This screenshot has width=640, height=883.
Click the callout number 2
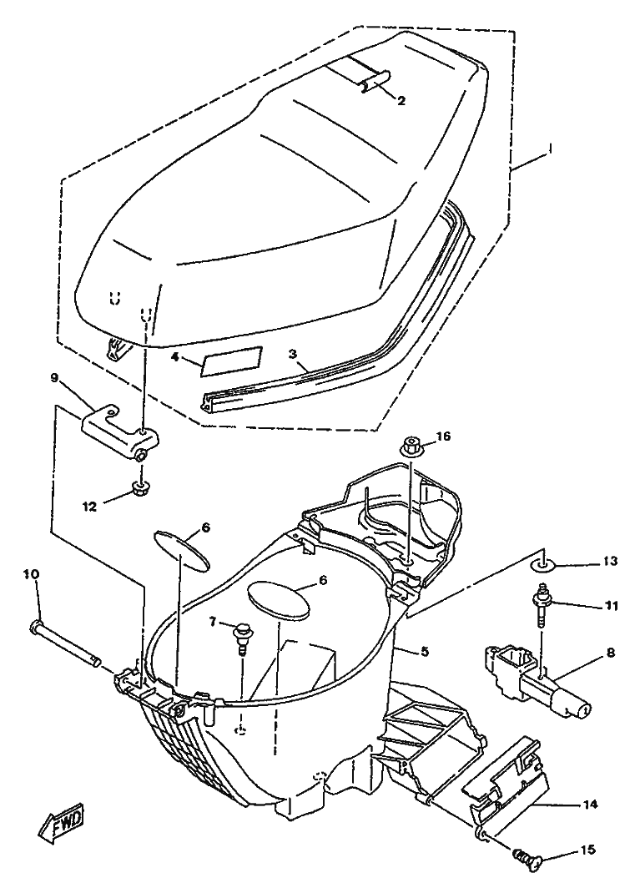pos(401,101)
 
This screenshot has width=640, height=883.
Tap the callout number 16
pos(443,437)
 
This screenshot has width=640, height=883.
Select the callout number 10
pos(31,574)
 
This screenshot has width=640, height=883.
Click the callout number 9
pos(55,378)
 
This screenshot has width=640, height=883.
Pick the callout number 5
pos(425,652)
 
